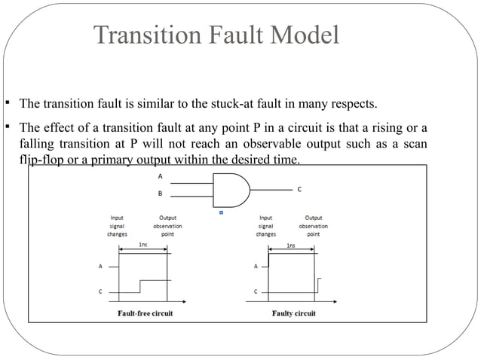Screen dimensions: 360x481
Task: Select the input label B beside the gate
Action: pyautogui.click(x=159, y=194)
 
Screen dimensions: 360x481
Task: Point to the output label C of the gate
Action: pyautogui.click(x=300, y=190)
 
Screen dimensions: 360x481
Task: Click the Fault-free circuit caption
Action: pyautogui.click(x=145, y=313)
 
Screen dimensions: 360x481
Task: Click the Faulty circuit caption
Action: pyautogui.click(x=293, y=313)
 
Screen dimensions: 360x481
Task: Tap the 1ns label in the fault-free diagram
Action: pyautogui.click(x=142, y=246)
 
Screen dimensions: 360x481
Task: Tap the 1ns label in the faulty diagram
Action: pyautogui.click(x=291, y=246)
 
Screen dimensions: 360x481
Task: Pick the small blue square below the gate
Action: pyautogui.click(x=221, y=213)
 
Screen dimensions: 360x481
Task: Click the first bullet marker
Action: pyautogui.click(x=6, y=103)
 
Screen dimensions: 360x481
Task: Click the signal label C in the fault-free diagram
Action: pyautogui.click(x=100, y=291)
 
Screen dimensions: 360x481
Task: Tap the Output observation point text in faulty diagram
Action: pyautogui.click(x=313, y=225)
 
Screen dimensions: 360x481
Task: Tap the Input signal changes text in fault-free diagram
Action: pyautogui.click(x=117, y=225)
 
